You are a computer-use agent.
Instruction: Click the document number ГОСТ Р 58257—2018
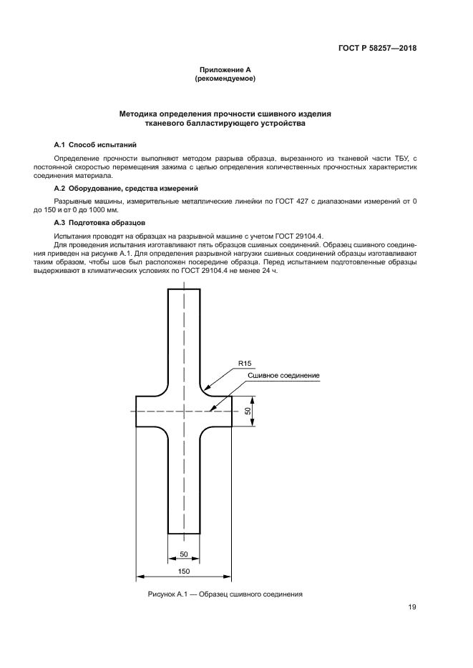pyautogui.click(x=378, y=49)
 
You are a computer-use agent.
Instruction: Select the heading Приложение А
pyautogui.click(x=225, y=70)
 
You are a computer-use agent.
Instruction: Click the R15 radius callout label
pyautogui.click(x=245, y=364)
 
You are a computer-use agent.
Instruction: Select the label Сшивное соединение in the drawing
pyautogui.click(x=283, y=376)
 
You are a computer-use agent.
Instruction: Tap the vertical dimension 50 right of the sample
pyautogui.click(x=248, y=412)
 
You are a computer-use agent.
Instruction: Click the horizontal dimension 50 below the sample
pyautogui.click(x=183, y=554)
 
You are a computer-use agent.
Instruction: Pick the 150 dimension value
pyautogui.click(x=184, y=571)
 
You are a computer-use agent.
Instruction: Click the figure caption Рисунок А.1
pyautogui.click(x=225, y=594)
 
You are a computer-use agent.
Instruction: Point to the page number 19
pyautogui.click(x=412, y=608)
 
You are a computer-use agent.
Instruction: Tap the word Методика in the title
pyautogui.click(x=142, y=114)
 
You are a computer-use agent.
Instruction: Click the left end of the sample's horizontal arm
pyautogui.click(x=137, y=412)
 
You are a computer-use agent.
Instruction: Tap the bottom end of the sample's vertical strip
pyautogui.click(x=184, y=533)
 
